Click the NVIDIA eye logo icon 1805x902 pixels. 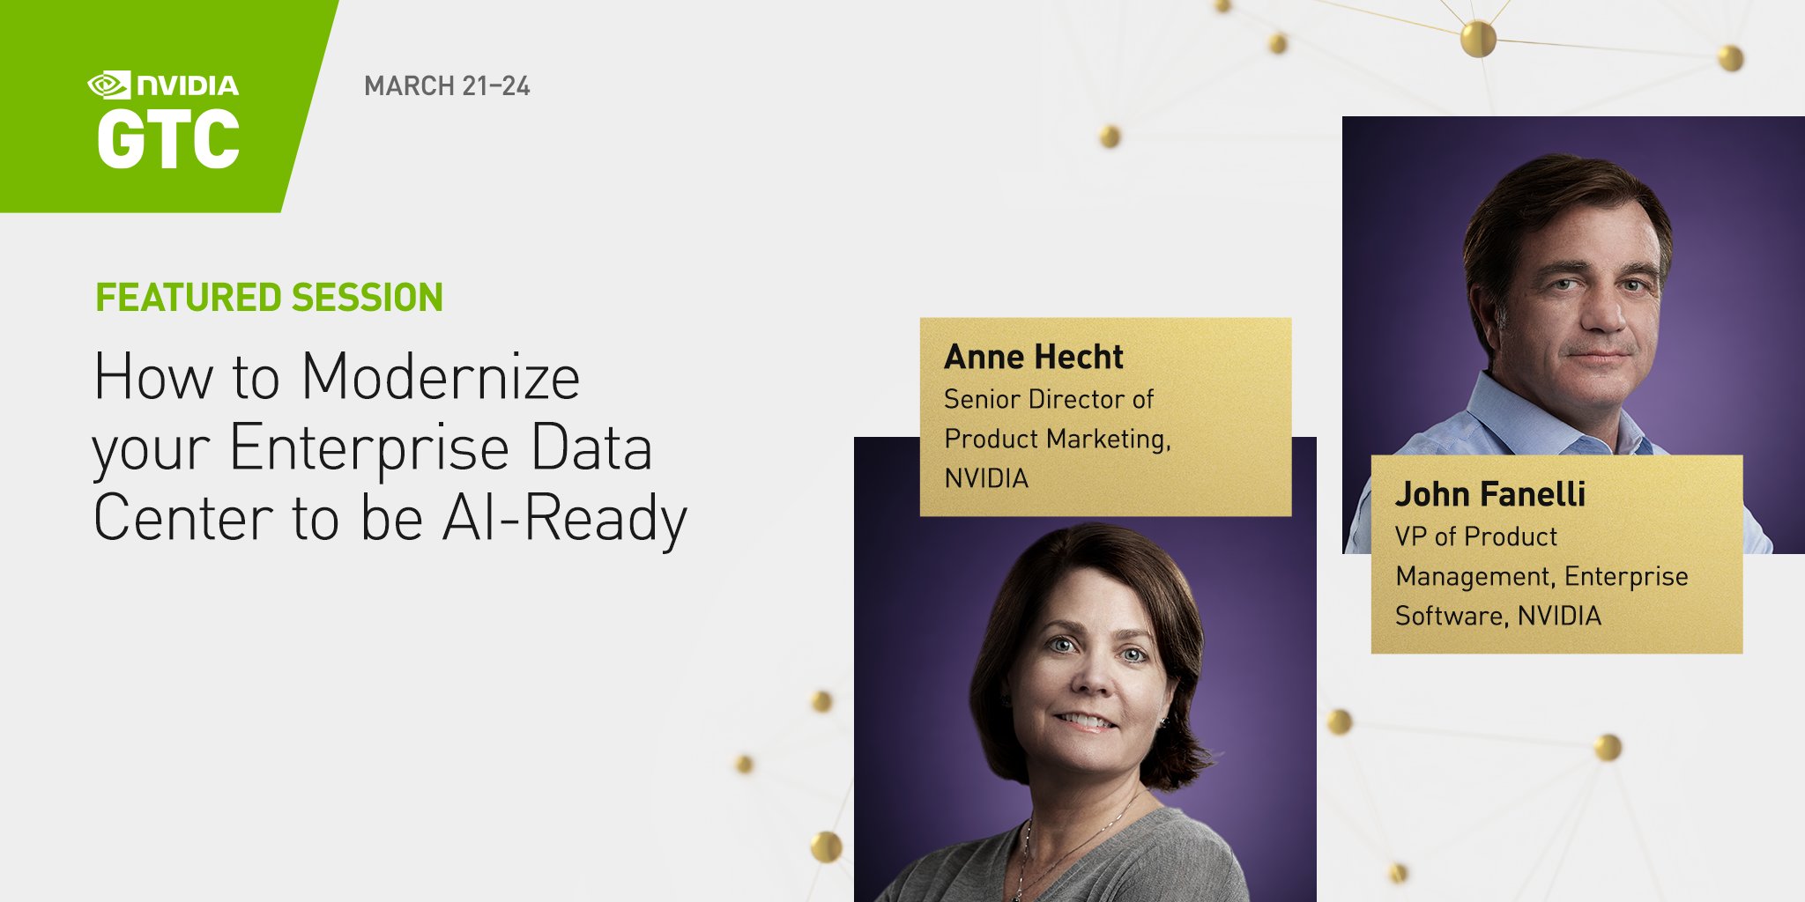108,85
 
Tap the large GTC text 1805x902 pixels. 167,139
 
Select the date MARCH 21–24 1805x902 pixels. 447,86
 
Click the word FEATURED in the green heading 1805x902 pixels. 189,298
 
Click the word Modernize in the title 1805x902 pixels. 441,377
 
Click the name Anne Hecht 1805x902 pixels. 1034,357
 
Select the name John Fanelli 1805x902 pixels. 1490,494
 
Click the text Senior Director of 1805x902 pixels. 1049,399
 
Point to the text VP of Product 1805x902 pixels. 1476,536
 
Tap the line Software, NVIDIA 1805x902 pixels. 1498,615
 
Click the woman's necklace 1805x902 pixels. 1058,850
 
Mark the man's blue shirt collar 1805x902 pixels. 1498,414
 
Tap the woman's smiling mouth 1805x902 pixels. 1086,721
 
